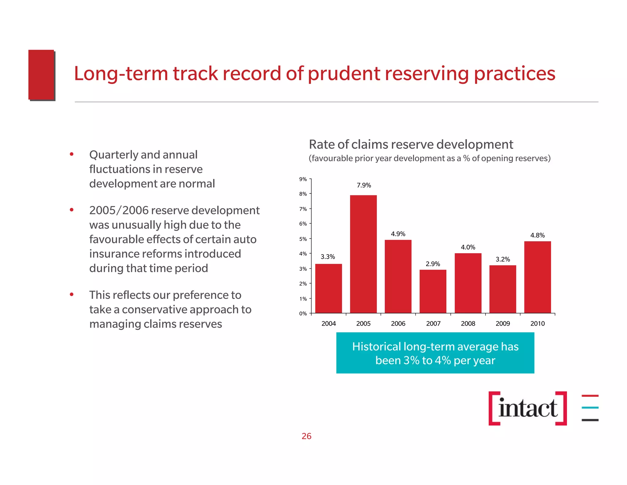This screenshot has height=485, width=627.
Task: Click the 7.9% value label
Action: pos(364,185)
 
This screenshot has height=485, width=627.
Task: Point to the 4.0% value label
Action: pos(468,247)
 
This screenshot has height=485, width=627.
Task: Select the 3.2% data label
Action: pos(503,259)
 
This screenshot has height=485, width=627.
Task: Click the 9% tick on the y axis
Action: pos(303,179)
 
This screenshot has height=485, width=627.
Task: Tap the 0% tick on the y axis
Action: pos(303,313)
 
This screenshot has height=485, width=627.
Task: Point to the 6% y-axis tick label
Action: pos(303,224)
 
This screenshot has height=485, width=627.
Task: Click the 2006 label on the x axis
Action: pos(398,323)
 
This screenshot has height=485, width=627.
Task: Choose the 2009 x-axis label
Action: pos(503,323)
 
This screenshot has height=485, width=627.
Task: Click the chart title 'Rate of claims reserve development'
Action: pos(411,144)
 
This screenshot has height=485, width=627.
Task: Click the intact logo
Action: pos(528,408)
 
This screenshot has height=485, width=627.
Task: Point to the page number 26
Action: pos(306,436)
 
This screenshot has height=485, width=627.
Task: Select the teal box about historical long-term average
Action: pos(435,353)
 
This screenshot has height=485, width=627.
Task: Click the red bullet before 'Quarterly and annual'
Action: pos(72,154)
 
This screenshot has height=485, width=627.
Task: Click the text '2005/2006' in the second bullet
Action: pos(119,210)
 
